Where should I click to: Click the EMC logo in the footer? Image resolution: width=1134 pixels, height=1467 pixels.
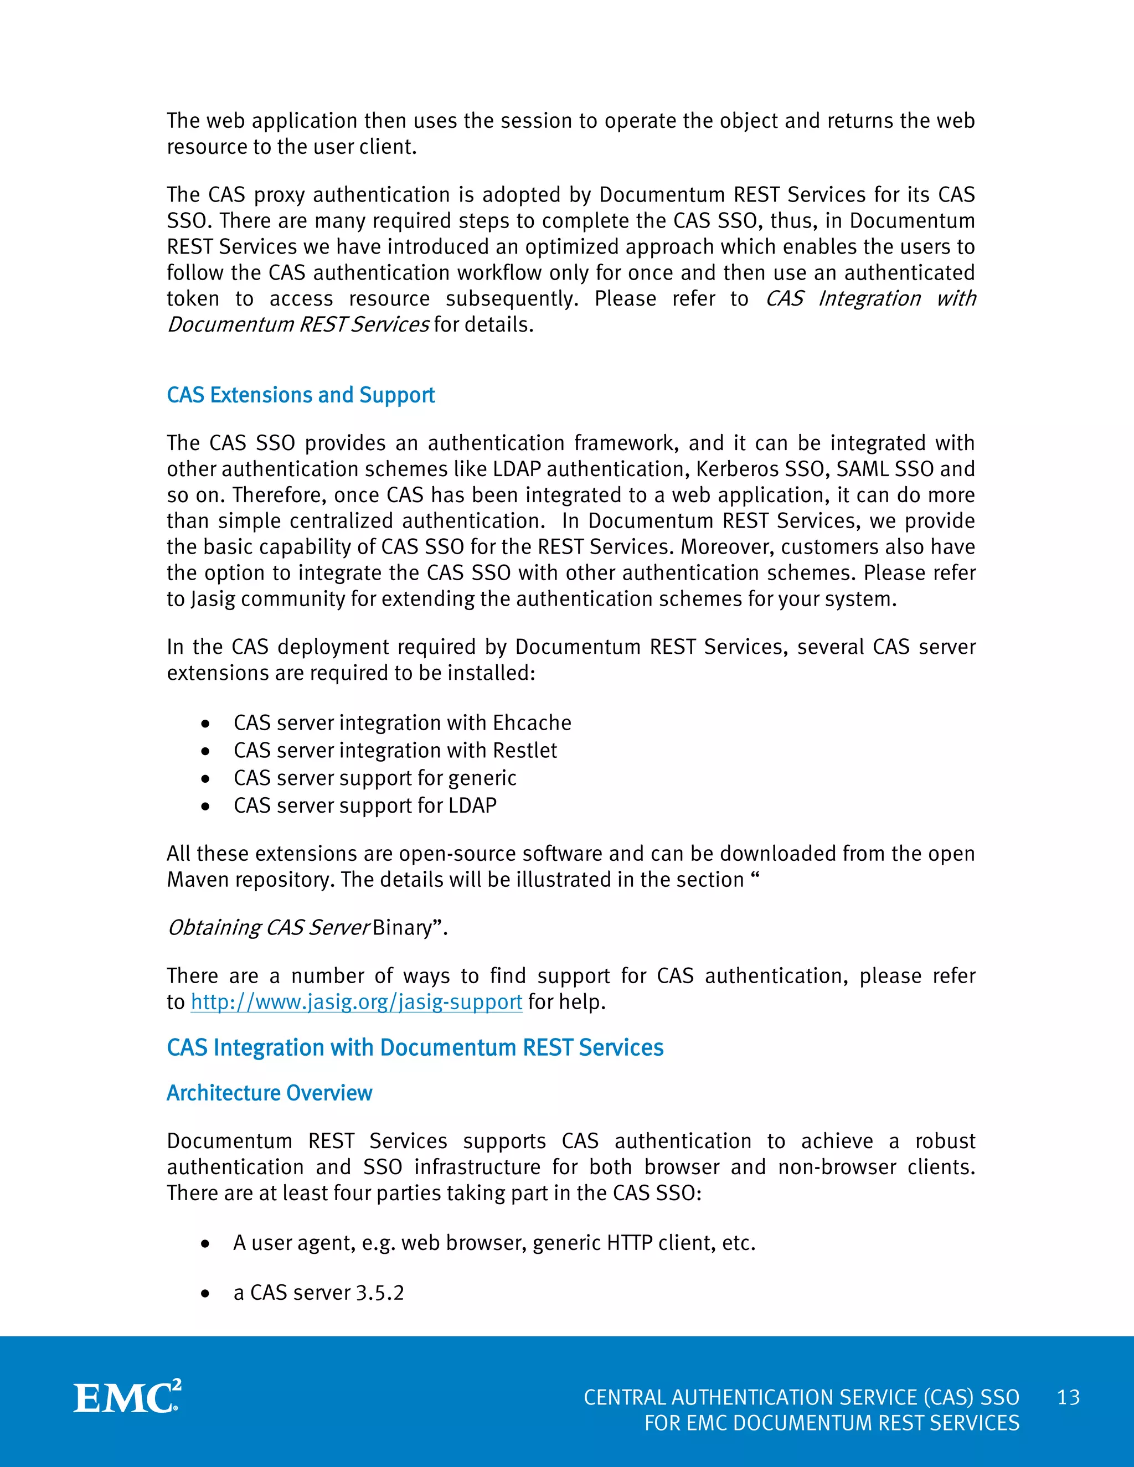[127, 1397]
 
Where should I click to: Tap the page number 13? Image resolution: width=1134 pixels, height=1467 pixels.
[1068, 1397]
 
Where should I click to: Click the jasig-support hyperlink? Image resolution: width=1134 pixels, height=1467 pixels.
[356, 1001]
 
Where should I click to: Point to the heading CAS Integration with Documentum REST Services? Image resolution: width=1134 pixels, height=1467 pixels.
[415, 1047]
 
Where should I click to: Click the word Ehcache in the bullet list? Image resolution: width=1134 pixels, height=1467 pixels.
[532, 723]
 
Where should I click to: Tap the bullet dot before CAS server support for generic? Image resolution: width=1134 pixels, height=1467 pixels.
[205, 778]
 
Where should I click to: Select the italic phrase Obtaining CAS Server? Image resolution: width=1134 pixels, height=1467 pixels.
[267, 928]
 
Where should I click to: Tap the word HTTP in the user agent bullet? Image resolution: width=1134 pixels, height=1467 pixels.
[630, 1243]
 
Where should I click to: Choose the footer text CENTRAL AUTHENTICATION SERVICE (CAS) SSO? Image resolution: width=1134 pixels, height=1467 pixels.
[801, 1397]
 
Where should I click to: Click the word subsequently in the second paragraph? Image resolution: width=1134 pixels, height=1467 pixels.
[511, 298]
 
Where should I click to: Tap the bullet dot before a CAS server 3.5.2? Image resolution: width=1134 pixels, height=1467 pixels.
[205, 1294]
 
